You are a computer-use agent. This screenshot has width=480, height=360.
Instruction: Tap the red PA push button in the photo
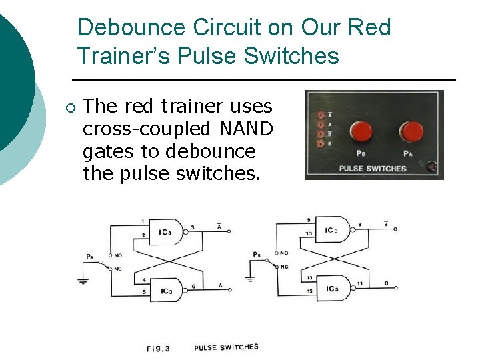tap(411, 132)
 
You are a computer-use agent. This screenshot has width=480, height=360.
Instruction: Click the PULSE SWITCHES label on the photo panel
tap(373, 168)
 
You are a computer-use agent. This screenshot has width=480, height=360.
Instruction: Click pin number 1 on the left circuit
tap(142, 221)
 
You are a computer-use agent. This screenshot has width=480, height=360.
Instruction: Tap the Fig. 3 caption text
tap(158, 348)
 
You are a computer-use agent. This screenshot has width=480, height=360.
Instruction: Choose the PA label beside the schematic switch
tap(89, 255)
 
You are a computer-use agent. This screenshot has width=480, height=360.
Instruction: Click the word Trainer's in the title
tap(126, 56)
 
